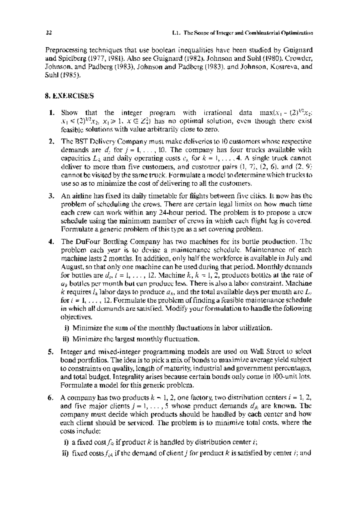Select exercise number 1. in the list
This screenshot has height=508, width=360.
click(x=52, y=113)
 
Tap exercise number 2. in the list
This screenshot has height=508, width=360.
click(x=52, y=141)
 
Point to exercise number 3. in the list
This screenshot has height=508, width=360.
click(x=52, y=196)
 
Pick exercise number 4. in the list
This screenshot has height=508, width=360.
click(x=52, y=242)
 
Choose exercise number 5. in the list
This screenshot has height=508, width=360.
click(x=52, y=351)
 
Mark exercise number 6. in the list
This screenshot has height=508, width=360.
click(x=52, y=398)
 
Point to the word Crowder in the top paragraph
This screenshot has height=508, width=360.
click(x=300, y=58)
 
